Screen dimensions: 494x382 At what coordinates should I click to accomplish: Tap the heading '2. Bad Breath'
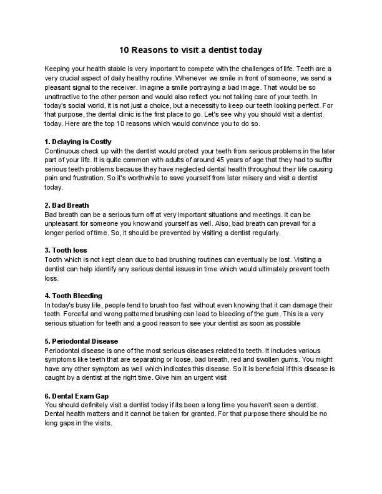point(67,205)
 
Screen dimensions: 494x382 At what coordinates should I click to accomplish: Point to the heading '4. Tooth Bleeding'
point(74,295)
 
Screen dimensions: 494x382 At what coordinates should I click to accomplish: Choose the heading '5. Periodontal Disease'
point(81,341)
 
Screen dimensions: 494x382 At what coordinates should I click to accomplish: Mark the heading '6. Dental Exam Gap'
point(77,397)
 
